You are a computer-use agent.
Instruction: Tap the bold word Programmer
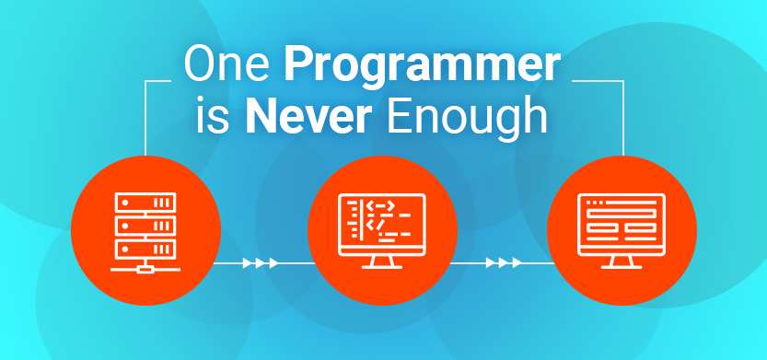[x=422, y=68]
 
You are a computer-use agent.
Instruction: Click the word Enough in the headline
[x=467, y=121]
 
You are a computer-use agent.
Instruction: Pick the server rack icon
[x=145, y=232]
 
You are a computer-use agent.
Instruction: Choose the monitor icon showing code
[x=382, y=231]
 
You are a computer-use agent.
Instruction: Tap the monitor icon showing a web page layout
[x=622, y=231]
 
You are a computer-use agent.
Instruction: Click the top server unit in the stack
[x=145, y=202]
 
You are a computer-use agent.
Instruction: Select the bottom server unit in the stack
[x=145, y=249]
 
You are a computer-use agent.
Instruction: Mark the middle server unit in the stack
[x=145, y=226]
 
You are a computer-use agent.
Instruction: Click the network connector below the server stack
[x=145, y=268]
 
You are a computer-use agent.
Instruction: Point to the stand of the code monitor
[x=382, y=262]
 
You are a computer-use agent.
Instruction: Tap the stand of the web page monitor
[x=622, y=262]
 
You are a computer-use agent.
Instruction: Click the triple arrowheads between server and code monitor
[x=261, y=263]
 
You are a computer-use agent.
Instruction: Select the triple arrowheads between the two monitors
[x=504, y=263]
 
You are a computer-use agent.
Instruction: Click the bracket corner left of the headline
[x=145, y=81]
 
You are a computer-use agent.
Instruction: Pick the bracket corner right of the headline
[x=623, y=81]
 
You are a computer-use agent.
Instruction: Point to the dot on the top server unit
[x=125, y=202]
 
